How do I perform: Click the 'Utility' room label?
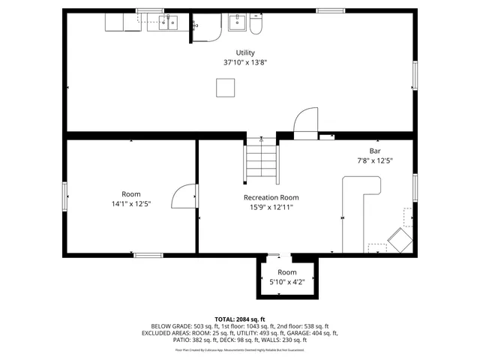pyautogui.click(x=245, y=52)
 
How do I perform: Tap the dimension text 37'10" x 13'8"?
pyautogui.click(x=245, y=63)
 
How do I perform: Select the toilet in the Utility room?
pyautogui.click(x=256, y=25)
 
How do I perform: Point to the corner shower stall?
pyautogui.click(x=206, y=27)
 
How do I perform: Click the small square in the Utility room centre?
pyautogui.click(x=225, y=88)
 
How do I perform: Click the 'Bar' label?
pyautogui.click(x=375, y=150)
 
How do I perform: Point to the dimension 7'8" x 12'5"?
pyautogui.click(x=375, y=160)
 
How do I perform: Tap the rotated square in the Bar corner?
pyautogui.click(x=399, y=241)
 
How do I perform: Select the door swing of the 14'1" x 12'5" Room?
pyautogui.click(x=184, y=196)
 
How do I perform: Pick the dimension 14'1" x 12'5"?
pyautogui.click(x=131, y=203)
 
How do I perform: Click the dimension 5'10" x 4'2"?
pyautogui.click(x=287, y=282)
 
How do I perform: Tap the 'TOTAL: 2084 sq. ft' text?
pyautogui.click(x=240, y=319)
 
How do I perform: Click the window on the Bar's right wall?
pyautogui.click(x=415, y=187)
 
